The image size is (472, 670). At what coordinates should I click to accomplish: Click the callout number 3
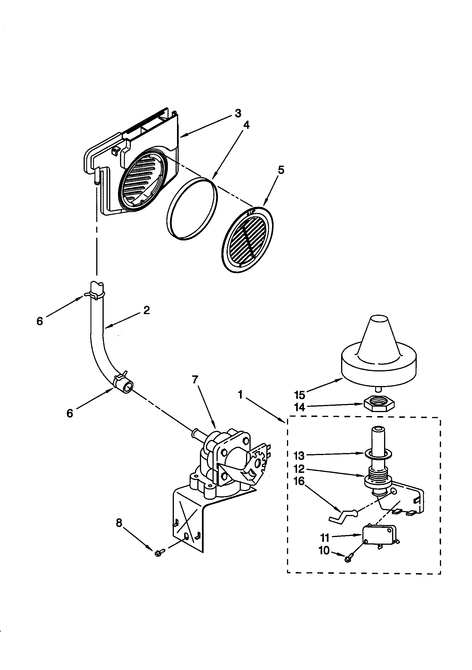pos(238,113)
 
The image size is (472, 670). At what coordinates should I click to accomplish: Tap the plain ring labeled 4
pos(192,209)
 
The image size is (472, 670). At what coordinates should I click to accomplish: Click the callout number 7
pos(195,380)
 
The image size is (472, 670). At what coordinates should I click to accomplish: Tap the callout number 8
pos(119,523)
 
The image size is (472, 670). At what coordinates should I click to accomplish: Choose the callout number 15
pos(300,395)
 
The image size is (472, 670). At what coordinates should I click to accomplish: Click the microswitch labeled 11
pos(379,534)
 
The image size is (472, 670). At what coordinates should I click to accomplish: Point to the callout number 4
pos(247,125)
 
